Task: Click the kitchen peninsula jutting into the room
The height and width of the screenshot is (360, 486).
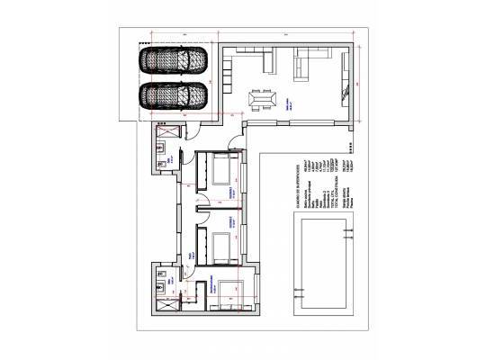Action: (x=267, y=61)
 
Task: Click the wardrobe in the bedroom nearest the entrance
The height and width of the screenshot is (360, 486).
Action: (x=199, y=171)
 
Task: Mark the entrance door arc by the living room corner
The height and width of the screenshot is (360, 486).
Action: (x=234, y=139)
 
